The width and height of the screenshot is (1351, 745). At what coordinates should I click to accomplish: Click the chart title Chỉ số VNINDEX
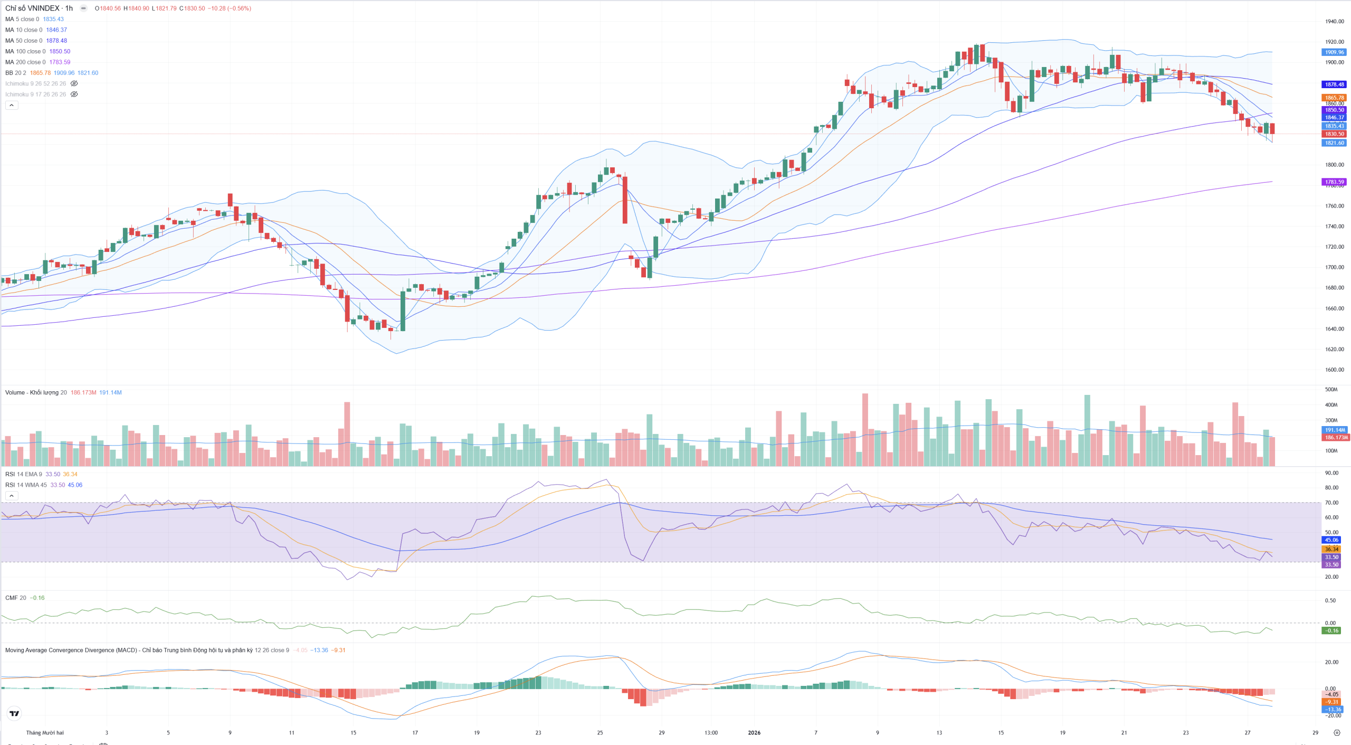click(32, 8)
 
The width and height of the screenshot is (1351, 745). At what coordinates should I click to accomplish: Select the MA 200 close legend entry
click(25, 62)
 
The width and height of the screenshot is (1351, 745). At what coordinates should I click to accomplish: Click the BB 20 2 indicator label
click(16, 73)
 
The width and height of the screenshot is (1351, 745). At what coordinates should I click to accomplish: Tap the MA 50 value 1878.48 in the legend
click(56, 41)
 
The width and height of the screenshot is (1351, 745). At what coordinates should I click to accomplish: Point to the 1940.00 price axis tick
click(1334, 22)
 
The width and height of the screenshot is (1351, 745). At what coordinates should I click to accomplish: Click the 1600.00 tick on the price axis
click(1334, 370)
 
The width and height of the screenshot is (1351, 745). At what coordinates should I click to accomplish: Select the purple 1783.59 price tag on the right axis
click(1334, 182)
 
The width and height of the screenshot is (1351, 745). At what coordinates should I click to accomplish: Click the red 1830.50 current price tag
click(1334, 134)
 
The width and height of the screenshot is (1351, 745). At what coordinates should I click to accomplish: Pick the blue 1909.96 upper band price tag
click(1334, 52)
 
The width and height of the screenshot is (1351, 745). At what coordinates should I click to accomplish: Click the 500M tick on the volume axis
click(1331, 390)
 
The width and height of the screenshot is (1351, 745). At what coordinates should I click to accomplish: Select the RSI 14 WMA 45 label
click(26, 485)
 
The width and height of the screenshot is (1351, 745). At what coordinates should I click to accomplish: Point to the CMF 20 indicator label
click(15, 598)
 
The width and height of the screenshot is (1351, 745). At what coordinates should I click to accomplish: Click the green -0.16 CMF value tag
click(1332, 630)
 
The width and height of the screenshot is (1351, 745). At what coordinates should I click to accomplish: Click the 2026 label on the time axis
click(754, 732)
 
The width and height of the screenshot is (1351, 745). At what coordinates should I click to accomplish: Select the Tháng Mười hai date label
click(45, 732)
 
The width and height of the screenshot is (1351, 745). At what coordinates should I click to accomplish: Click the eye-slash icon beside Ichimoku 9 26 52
click(74, 83)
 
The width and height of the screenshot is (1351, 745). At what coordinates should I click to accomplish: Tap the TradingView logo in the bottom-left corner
click(15, 713)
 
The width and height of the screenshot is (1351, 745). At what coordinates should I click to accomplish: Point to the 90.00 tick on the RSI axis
click(1331, 473)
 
